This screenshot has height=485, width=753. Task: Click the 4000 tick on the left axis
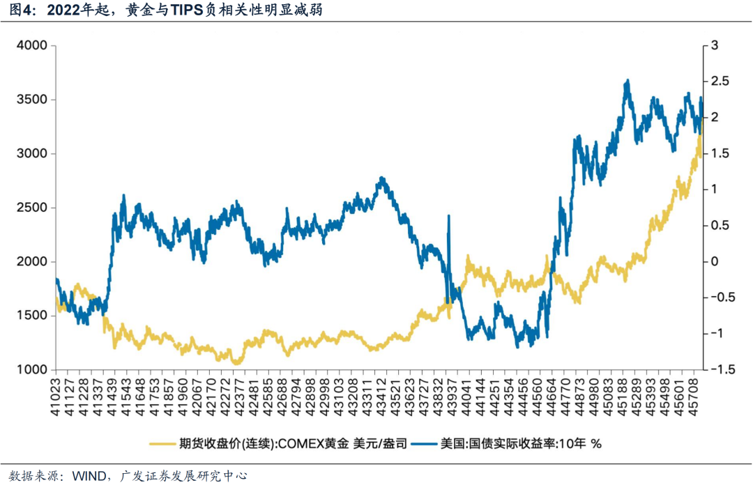[x=32, y=46]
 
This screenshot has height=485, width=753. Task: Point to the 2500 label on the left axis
[x=32, y=208]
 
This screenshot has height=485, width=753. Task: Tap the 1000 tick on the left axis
[x=32, y=370]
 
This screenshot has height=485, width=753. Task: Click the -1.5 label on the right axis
[x=718, y=370]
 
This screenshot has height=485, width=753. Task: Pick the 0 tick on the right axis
[x=713, y=262]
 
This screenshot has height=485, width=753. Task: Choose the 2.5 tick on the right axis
[x=718, y=82]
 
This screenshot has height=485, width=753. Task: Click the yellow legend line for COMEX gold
[x=163, y=443]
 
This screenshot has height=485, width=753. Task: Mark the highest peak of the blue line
[x=627, y=81]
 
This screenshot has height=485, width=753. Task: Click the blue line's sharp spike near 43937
[x=448, y=216]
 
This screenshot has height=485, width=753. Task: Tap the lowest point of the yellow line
[x=237, y=363]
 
